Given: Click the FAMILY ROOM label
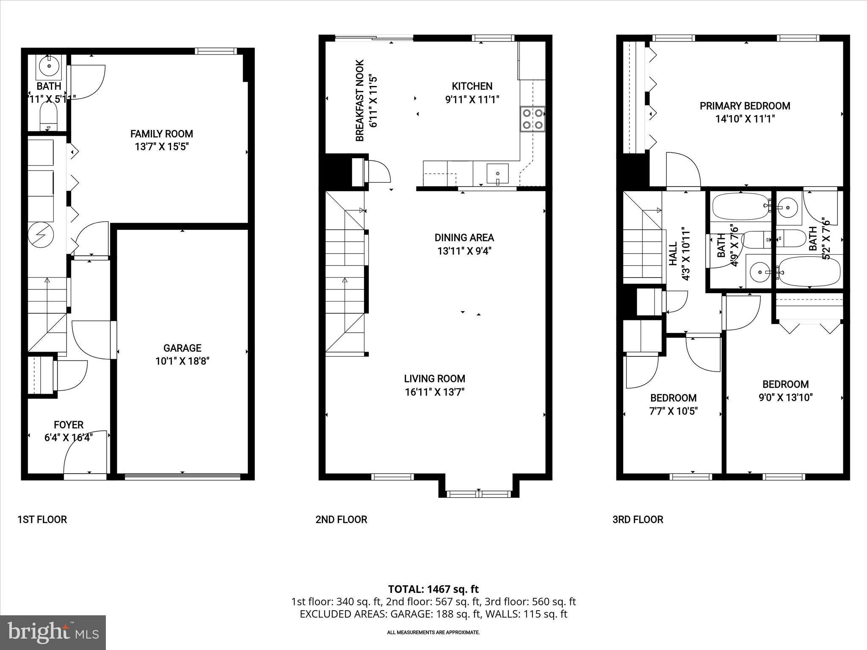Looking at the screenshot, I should (161, 134).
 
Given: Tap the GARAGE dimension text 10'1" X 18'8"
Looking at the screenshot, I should (182, 361).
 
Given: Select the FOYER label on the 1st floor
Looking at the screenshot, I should (68, 424).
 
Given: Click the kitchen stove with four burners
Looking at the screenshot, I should (533, 119).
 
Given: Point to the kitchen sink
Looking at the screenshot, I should (498, 174).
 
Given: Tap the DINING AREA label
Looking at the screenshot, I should (464, 237).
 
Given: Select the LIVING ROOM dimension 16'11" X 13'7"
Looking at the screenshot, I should (434, 392).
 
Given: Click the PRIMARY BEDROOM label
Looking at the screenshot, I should (745, 106).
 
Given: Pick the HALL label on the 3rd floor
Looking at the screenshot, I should (673, 253).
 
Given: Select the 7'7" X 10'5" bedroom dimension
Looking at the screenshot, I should (673, 411).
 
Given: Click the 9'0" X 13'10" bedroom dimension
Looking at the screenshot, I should (785, 397).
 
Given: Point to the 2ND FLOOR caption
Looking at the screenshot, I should (341, 519).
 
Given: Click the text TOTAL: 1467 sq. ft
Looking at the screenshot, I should (433, 589).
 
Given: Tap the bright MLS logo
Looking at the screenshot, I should (53, 632).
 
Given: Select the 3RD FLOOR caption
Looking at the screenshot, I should (638, 519).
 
